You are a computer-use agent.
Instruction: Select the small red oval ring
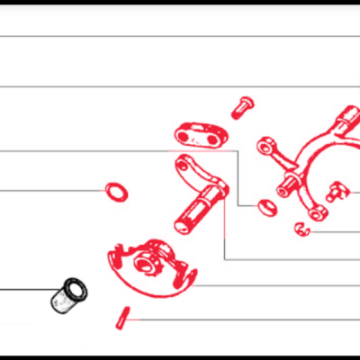[x=116, y=191]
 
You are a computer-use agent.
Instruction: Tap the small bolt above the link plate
[x=241, y=107]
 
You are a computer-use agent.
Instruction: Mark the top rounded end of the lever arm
[x=185, y=164]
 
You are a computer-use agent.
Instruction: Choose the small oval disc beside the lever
[x=265, y=208]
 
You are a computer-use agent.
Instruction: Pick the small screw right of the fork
[x=338, y=190]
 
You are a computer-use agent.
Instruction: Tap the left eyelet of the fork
[x=267, y=144]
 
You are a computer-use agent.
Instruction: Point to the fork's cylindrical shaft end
[x=347, y=117]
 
